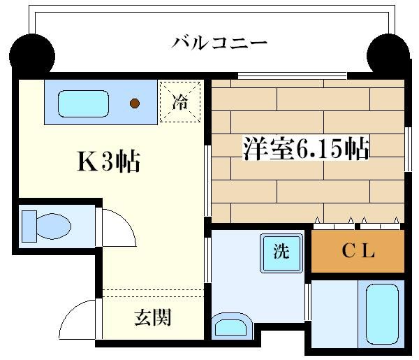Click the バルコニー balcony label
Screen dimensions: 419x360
pos(219,43)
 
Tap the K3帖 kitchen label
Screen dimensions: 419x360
pos(108,161)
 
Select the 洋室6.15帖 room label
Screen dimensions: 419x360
pos(307,148)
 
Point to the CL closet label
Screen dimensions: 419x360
pos(358,251)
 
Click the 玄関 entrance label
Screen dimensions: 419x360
pos(153,317)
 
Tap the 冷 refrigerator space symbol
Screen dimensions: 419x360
pos(180,102)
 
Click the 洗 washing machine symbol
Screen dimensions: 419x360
pos(281,253)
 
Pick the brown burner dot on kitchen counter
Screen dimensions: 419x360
pos(135,103)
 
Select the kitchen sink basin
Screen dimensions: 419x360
pos(83,103)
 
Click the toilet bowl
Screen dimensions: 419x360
pos(54,226)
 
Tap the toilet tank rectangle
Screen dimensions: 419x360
pos(29,226)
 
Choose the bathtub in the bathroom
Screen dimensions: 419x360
pos(382,314)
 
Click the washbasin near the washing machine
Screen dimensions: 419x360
pos(231,326)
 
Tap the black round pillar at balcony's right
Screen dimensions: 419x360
pos(388,56)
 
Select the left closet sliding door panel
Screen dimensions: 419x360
pos(334,226)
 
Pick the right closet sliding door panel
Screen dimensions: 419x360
pos(380,226)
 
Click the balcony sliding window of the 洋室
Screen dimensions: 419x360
pos(293,75)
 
